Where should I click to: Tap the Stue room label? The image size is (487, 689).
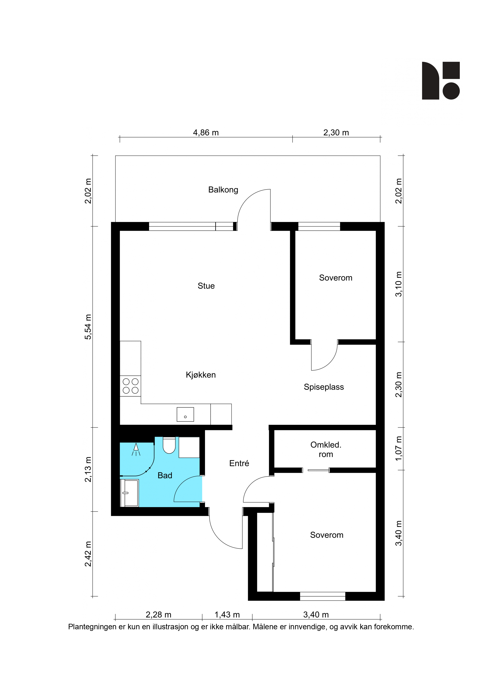206,286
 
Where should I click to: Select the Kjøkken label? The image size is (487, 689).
201,375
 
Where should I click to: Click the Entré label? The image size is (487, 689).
239,463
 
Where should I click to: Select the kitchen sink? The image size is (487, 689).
185,414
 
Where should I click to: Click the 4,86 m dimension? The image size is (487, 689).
206,133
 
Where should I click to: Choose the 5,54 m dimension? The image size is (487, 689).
88,327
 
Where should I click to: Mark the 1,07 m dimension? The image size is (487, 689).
398,448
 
